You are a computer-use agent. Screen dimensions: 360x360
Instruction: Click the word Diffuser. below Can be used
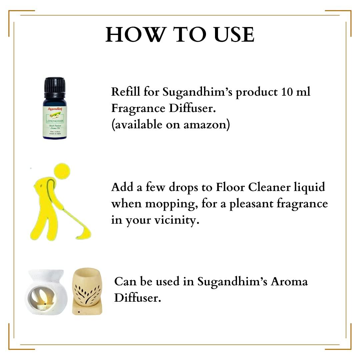pos(138,298)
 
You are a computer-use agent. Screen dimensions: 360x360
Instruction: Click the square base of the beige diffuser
pos(87,310)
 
